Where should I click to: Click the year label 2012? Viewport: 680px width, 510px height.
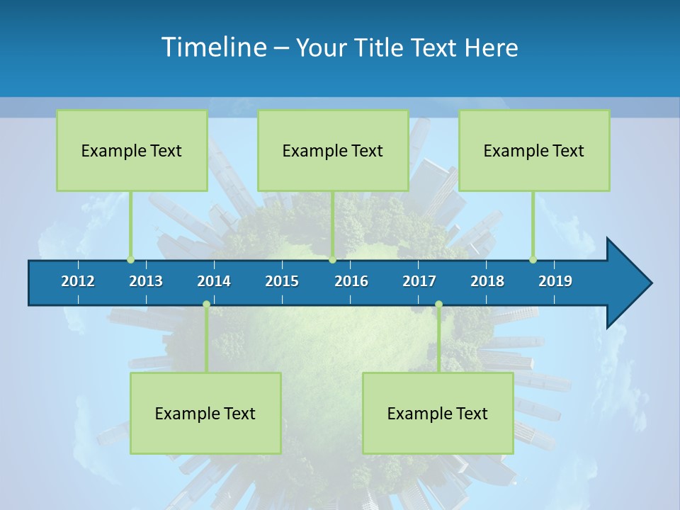pos(78,281)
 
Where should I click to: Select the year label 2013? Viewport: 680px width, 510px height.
pos(146,281)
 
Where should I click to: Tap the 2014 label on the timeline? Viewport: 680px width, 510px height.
pos(214,281)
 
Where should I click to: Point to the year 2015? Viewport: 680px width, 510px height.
pos(282,281)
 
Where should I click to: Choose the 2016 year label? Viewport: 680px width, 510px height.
pos(351,281)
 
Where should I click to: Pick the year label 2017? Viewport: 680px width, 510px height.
pos(419,281)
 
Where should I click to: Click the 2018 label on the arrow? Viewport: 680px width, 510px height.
pos(487,281)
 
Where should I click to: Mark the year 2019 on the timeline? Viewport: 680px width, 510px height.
pos(555,281)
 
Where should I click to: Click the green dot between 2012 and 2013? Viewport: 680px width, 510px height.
pos(130,259)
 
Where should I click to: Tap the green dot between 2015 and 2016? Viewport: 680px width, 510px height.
pos(332,259)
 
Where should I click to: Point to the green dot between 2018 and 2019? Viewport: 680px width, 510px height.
pos(533,259)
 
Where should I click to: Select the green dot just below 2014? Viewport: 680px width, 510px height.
pos(206,304)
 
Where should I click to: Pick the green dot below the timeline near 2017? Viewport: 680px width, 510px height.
pos(438,304)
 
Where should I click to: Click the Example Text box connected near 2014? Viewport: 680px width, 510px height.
pos(205,413)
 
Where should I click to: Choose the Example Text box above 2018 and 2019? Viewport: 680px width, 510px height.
pos(534,150)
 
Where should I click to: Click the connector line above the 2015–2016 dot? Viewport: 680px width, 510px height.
pos(332,224)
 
